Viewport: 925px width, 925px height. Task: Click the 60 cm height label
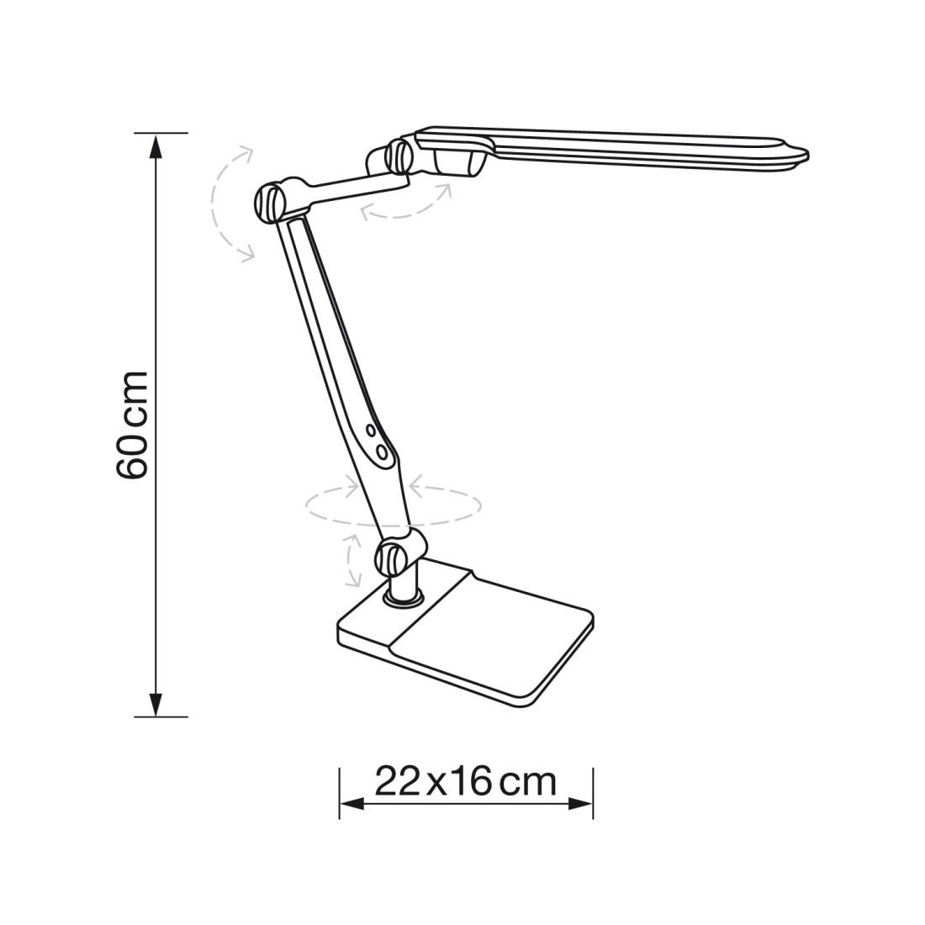click(131, 425)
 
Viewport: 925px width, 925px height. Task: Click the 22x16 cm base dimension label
click(466, 782)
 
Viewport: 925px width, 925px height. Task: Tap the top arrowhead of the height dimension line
click(156, 145)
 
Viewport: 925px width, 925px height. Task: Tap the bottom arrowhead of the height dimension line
click(156, 705)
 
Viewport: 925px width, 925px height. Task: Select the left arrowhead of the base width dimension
click(352, 803)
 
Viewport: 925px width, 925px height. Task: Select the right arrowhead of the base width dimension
click(580, 803)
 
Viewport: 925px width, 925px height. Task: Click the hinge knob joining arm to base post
click(392, 558)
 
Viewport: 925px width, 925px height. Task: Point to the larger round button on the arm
click(383, 453)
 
